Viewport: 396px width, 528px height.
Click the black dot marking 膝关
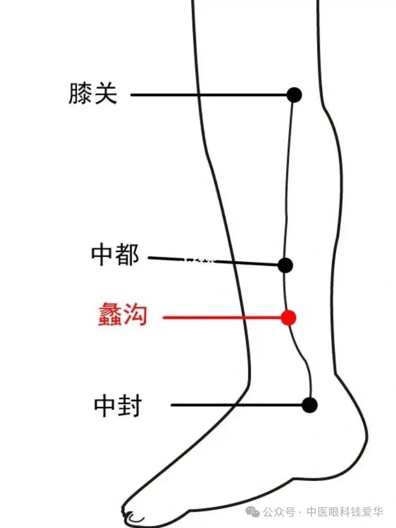(294, 95)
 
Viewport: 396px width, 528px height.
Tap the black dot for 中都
(285, 265)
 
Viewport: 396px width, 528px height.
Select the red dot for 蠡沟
(288, 317)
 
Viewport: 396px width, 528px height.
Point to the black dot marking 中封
(309, 405)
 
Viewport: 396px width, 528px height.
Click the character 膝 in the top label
(80, 94)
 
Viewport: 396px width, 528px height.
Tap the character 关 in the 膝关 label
(106, 94)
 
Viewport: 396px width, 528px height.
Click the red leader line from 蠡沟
(222, 318)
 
